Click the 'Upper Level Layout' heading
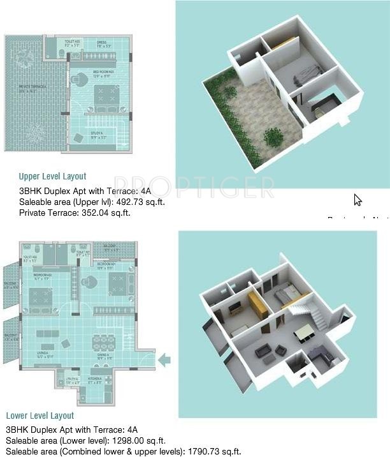[52, 176]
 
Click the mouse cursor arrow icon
[357, 200]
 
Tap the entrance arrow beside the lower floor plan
[164, 361]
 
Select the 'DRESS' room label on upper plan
[102, 43]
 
